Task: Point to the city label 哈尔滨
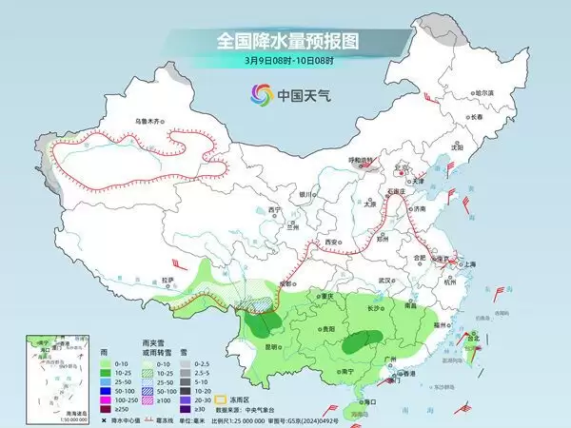[485, 92]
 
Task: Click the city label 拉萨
[168, 280]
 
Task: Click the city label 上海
[469, 263]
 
